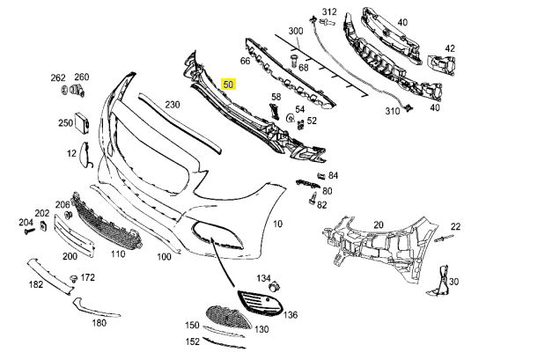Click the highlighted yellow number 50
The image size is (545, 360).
[229, 85]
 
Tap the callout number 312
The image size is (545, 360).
[328, 11]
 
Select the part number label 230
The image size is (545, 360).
[172, 105]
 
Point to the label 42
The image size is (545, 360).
[450, 48]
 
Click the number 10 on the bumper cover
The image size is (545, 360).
[277, 224]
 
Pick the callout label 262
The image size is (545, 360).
[58, 77]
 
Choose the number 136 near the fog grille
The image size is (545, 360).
[291, 314]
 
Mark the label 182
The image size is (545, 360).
[36, 284]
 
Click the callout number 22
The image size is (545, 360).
[455, 226]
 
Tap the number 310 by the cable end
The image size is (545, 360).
[392, 111]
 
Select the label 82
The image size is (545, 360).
[321, 205]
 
